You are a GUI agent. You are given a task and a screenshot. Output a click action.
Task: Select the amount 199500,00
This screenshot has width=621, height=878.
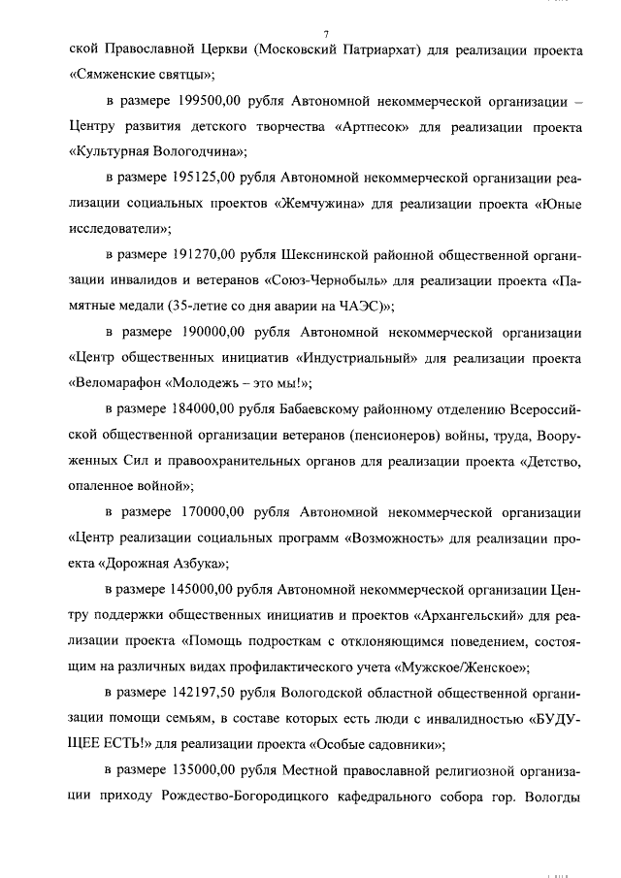click(211, 102)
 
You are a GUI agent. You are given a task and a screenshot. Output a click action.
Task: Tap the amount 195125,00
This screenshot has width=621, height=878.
click(211, 179)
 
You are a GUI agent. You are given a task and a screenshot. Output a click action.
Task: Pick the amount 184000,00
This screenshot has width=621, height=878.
click(211, 408)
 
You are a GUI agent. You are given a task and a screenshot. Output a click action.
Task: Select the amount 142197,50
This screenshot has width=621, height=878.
click(211, 691)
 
